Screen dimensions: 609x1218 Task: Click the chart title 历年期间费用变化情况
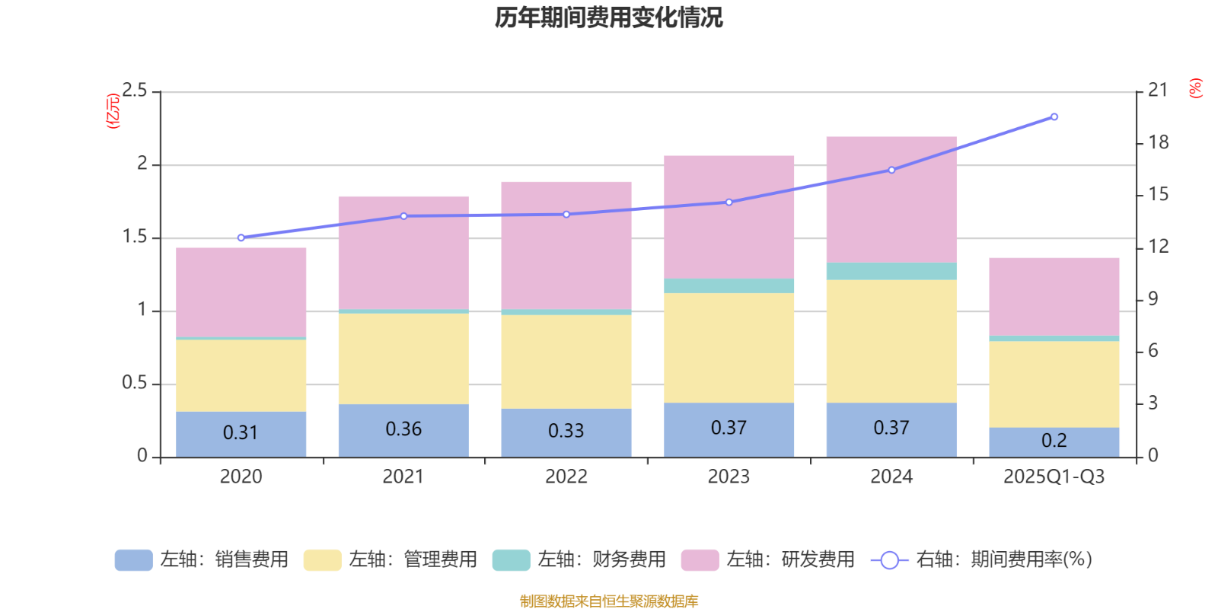coord(608,17)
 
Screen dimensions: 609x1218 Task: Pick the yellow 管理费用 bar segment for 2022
coord(566,362)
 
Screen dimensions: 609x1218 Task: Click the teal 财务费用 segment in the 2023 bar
coord(729,285)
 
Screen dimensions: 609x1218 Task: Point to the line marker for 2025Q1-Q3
coord(1054,116)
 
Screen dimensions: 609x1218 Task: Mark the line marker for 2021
coord(403,216)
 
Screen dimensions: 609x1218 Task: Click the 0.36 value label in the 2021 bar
coord(403,429)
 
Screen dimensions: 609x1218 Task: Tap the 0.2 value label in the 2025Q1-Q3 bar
coord(1054,441)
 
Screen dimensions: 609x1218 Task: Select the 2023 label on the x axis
coord(729,477)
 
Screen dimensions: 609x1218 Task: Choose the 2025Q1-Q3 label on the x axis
coord(1054,477)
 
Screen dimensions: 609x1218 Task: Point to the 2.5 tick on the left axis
coord(134,91)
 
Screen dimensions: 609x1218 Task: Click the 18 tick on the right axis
coord(1158,142)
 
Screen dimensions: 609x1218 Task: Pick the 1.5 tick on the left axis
coord(134,238)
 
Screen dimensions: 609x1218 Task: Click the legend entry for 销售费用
coord(202,560)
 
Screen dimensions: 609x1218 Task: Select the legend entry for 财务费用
coord(579,560)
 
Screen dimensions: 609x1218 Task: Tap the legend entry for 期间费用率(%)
coord(981,560)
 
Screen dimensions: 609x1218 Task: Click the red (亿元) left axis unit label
coord(113,111)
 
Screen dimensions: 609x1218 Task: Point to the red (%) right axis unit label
coord(1196,88)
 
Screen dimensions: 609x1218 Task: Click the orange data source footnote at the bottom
coord(608,601)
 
